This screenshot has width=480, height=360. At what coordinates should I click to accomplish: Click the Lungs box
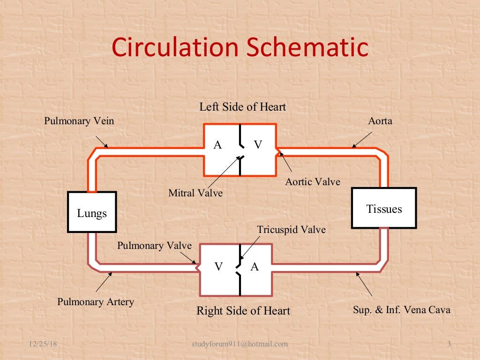point(92,212)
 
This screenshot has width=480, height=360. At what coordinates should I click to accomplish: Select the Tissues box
point(383,208)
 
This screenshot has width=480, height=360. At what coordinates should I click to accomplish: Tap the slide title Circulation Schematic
point(240,48)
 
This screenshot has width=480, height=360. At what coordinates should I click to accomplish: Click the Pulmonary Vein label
point(79,121)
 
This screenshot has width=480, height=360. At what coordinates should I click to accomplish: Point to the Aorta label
point(380,121)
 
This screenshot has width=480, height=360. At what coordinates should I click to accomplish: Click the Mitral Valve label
point(195,192)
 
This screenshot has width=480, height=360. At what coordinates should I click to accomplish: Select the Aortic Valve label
point(313,181)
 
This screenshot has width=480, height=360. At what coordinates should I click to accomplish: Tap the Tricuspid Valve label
point(291,230)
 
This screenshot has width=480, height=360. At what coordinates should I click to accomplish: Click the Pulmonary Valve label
point(154,246)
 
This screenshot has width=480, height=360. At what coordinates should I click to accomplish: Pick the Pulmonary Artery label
point(96,301)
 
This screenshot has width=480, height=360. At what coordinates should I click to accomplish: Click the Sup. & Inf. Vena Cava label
point(401,309)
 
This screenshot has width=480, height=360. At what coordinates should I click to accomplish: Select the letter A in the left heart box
point(217,145)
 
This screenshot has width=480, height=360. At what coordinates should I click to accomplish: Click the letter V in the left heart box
point(258,145)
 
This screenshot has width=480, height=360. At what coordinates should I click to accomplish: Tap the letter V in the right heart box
point(218,267)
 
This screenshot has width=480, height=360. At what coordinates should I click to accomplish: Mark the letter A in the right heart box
point(255,267)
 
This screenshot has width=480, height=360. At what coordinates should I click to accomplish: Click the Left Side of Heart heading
point(242,107)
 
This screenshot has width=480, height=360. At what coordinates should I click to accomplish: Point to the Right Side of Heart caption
point(243,310)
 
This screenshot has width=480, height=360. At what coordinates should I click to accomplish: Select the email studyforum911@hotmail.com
point(240,344)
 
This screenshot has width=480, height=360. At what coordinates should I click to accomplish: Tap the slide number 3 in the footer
point(449,344)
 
